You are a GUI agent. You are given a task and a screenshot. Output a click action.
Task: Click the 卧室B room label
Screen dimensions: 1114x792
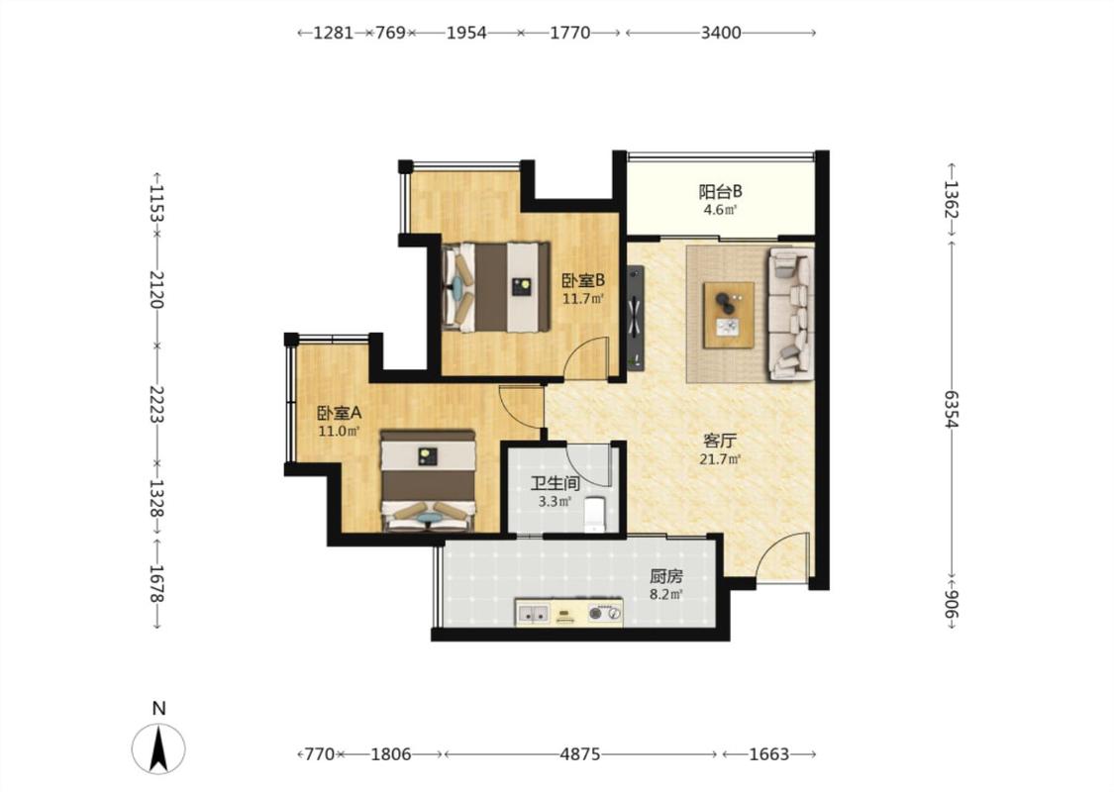pos(582,281)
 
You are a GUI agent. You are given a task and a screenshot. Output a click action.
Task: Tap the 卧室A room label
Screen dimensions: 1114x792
pos(339,413)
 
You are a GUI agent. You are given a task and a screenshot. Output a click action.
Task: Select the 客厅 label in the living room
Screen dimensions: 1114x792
pos(719,441)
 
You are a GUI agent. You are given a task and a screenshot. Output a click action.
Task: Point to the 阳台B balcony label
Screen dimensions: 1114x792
pos(721,192)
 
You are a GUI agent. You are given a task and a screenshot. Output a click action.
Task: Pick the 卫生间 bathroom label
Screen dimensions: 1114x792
pos(555,484)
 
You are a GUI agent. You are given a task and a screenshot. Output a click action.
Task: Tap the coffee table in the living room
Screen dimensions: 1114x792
pos(729,316)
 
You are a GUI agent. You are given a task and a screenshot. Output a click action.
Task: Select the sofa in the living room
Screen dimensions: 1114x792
pos(790,313)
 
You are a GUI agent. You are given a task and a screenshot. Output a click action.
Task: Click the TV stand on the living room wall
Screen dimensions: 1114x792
pos(635,318)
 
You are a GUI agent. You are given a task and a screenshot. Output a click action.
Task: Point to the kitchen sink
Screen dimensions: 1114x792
pos(533,613)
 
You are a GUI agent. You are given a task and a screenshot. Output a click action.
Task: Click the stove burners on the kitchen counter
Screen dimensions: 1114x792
pos(605,612)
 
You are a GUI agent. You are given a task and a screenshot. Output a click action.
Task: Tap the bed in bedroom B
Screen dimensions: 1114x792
pos(496,287)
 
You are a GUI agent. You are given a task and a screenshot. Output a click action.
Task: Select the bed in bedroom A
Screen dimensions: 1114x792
pos(428,480)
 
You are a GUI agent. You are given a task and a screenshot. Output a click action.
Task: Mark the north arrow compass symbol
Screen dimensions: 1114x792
pos(158,747)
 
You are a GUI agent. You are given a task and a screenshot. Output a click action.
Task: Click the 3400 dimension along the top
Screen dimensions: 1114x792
pos(721,33)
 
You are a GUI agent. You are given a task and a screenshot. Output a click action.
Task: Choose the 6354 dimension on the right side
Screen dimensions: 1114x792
pos(952,409)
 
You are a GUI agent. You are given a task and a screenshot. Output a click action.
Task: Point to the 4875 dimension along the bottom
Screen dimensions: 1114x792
pos(579,754)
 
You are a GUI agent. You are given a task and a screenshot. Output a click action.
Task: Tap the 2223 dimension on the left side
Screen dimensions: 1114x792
pos(157,404)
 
